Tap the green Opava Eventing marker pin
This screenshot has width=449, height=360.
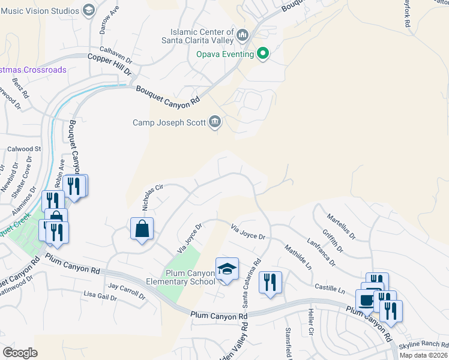coord(263,54)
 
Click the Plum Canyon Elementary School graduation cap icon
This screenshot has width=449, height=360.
coord(227,269)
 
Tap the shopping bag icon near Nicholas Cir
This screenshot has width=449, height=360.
coord(142,229)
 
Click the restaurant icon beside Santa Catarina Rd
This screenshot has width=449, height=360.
coord(270,282)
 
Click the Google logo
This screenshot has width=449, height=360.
coord(20,352)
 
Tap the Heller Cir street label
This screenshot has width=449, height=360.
coord(310,323)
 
